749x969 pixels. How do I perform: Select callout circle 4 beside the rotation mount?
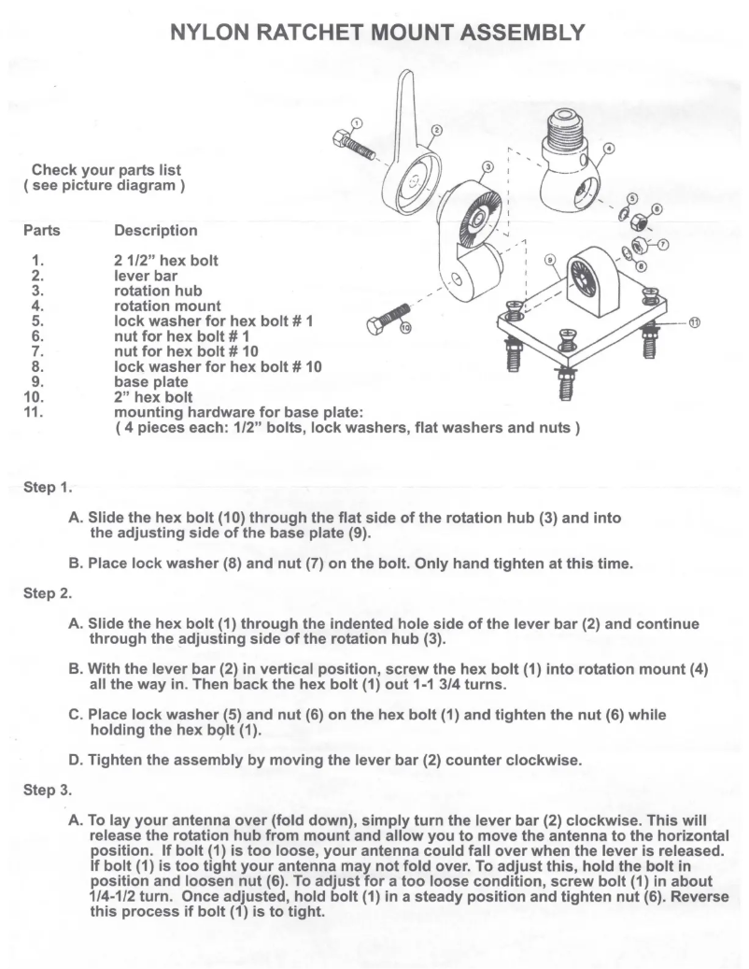click(609, 148)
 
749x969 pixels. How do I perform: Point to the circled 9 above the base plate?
click(550, 259)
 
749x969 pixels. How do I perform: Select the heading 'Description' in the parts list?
click(155, 230)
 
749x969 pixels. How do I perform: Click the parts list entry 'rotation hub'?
click(157, 291)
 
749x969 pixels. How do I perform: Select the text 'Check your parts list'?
click(106, 170)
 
